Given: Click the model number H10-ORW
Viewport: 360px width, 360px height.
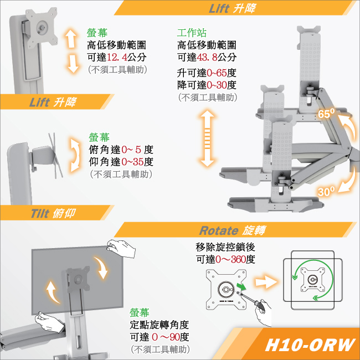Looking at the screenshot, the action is pyautogui.click(x=310, y=345).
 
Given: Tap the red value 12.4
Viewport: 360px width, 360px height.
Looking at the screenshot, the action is pyautogui.click(x=117, y=57).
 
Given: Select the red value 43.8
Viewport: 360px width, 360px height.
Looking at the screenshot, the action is pyautogui.click(x=207, y=57).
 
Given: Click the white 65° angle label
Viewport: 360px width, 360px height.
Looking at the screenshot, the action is pyautogui.click(x=326, y=114).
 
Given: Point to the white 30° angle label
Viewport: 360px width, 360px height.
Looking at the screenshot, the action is pyautogui.click(x=326, y=192).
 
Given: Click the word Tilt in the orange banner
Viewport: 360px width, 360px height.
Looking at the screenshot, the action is pyautogui.click(x=40, y=214).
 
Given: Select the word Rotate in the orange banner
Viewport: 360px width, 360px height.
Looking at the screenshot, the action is pyautogui.click(x=219, y=230).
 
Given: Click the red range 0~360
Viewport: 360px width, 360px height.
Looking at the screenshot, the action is pyautogui.click(x=230, y=260).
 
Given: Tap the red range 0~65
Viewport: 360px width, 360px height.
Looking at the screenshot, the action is pyautogui.click(x=217, y=73).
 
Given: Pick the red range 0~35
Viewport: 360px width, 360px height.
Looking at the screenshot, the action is pyautogui.click(x=132, y=162).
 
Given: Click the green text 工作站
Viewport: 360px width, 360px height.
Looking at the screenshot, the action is pyautogui.click(x=192, y=33).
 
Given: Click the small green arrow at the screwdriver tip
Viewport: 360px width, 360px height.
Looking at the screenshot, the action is pyautogui.click(x=241, y=286).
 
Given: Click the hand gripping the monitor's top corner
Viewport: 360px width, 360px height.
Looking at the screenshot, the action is pyautogui.click(x=121, y=249).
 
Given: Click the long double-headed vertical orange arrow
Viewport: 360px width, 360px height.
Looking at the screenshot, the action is pyautogui.click(x=207, y=138).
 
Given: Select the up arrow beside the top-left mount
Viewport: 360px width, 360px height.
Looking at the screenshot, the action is pyautogui.click(x=71, y=38).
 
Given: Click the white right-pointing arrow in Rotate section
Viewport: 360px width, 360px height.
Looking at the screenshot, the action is pyautogui.click(x=266, y=282).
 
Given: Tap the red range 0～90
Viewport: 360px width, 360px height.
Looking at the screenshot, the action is pyautogui.click(x=166, y=337).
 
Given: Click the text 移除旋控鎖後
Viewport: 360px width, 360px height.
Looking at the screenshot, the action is pyautogui.click(x=225, y=247).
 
